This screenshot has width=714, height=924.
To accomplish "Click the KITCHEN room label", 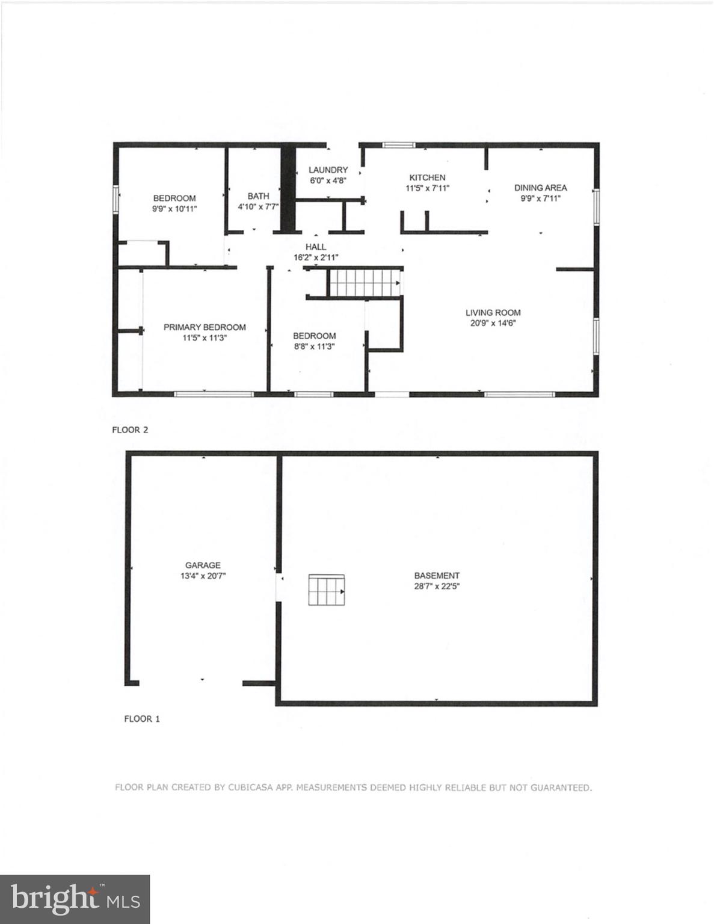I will pyautogui.click(x=427, y=177).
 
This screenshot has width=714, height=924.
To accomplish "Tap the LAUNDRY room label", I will pyautogui.click(x=328, y=170).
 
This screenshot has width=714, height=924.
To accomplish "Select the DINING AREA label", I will pyautogui.click(x=540, y=188).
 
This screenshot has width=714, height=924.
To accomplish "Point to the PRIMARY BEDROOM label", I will pyautogui.click(x=205, y=327).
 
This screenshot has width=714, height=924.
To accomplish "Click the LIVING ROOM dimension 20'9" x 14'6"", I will pyautogui.click(x=493, y=323).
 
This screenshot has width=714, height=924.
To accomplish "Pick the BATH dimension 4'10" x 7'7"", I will pyautogui.click(x=258, y=207).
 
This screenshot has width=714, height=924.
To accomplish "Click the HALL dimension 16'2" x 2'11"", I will pyautogui.click(x=315, y=257).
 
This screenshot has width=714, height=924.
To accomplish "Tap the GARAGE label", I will pyautogui.click(x=203, y=565).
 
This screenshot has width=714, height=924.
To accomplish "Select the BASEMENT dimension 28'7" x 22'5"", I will pyautogui.click(x=437, y=586).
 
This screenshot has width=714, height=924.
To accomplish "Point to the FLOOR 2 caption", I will pyautogui.click(x=130, y=430).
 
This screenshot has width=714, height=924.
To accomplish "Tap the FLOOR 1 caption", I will pyautogui.click(x=142, y=718).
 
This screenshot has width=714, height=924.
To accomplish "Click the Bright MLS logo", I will pyautogui.click(x=75, y=899).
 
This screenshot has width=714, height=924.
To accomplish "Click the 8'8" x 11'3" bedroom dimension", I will pyautogui.click(x=314, y=346).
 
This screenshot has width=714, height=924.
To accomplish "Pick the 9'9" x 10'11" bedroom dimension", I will pyautogui.click(x=174, y=209).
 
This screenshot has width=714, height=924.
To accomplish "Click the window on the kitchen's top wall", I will pyautogui.click(x=399, y=144).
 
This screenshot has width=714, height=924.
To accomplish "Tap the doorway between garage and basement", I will pyautogui.click(x=279, y=587).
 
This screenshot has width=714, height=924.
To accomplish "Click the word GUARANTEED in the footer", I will pyautogui.click(x=561, y=787).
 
